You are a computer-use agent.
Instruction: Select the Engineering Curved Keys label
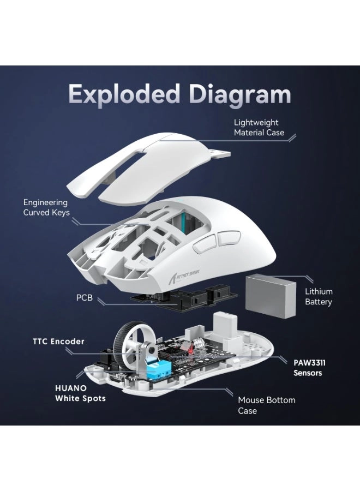(x=46, y=207)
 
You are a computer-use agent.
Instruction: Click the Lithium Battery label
(x=319, y=297)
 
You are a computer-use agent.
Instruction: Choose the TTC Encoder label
(x=59, y=342)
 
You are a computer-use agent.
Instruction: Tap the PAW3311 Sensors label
(x=308, y=368)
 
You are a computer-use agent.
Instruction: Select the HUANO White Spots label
(x=80, y=393)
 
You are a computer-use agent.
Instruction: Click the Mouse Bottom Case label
(x=266, y=405)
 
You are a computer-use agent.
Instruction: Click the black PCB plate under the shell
(x=180, y=298)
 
